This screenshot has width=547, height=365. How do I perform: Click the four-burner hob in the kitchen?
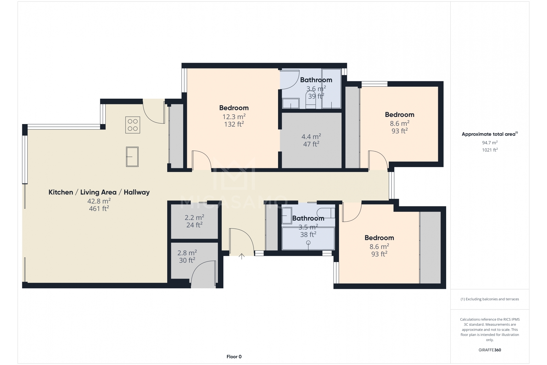(x=133, y=125)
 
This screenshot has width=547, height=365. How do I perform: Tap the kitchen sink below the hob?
(x=132, y=157)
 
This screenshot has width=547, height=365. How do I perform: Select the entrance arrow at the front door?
(x=242, y=256)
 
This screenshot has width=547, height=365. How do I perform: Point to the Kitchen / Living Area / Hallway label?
(x=99, y=192)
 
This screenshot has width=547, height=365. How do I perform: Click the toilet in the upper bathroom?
(x=311, y=100)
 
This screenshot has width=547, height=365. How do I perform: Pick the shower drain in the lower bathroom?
(x=308, y=243)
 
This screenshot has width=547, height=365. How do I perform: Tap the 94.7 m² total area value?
(x=490, y=143)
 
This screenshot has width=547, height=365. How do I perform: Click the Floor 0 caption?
(x=234, y=356)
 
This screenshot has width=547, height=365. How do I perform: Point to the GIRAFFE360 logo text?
(x=490, y=350)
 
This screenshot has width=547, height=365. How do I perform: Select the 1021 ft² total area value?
(x=490, y=150)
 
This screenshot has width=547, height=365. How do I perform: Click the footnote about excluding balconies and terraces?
(x=490, y=299)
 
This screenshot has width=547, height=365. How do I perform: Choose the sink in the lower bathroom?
(x=287, y=216)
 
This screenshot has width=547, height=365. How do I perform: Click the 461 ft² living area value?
(x=99, y=208)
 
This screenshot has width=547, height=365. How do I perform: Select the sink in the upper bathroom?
(x=291, y=104)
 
